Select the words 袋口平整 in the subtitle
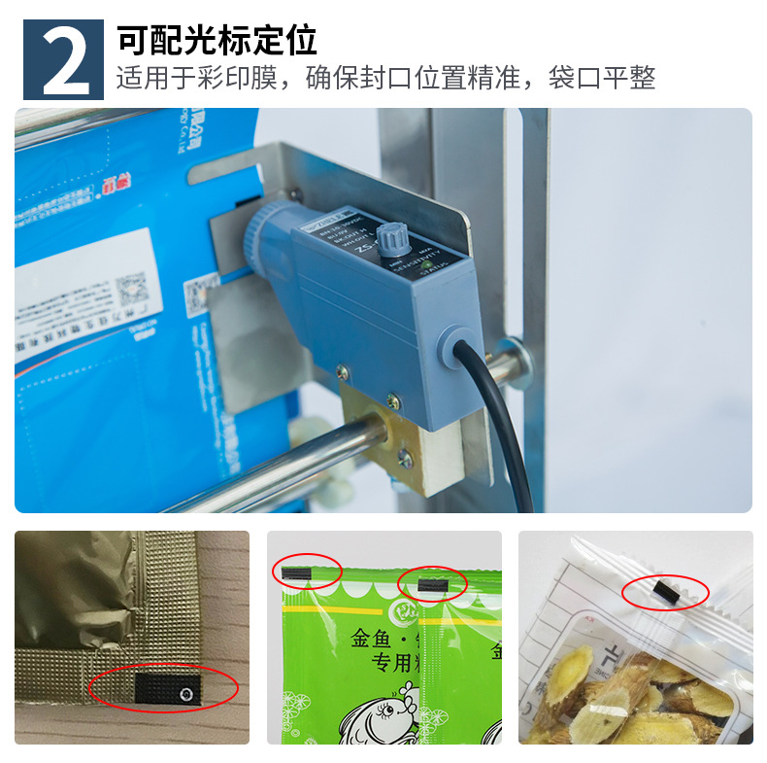[602, 78]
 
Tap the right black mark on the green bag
[429, 583]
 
